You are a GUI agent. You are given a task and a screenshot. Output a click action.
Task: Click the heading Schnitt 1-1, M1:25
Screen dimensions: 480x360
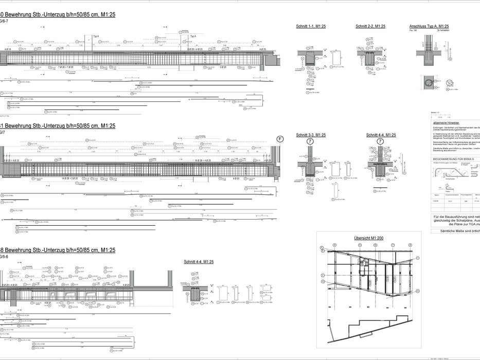[311, 26]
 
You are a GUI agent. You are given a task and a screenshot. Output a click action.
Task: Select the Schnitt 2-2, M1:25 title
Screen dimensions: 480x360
[370, 26]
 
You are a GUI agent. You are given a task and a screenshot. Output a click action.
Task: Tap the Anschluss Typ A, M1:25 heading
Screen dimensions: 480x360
[429, 26]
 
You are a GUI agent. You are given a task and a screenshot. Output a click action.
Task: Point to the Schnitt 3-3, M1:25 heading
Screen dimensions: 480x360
[311, 135]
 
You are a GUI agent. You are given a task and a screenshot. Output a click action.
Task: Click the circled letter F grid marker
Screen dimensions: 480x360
[280, 139]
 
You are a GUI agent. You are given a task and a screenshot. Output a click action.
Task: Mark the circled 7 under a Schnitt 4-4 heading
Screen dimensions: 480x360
[380, 141]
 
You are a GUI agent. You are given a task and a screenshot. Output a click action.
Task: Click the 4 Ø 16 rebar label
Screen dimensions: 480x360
[8, 50]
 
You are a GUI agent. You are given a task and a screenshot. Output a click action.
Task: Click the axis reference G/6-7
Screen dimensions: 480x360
[3, 21]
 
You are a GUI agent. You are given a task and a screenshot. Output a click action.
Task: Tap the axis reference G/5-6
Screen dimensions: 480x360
[3, 256]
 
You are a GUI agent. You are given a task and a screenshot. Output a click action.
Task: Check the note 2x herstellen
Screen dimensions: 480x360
[443, 30]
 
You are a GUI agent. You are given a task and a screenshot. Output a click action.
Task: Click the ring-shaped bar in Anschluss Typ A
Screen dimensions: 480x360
[428, 82]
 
